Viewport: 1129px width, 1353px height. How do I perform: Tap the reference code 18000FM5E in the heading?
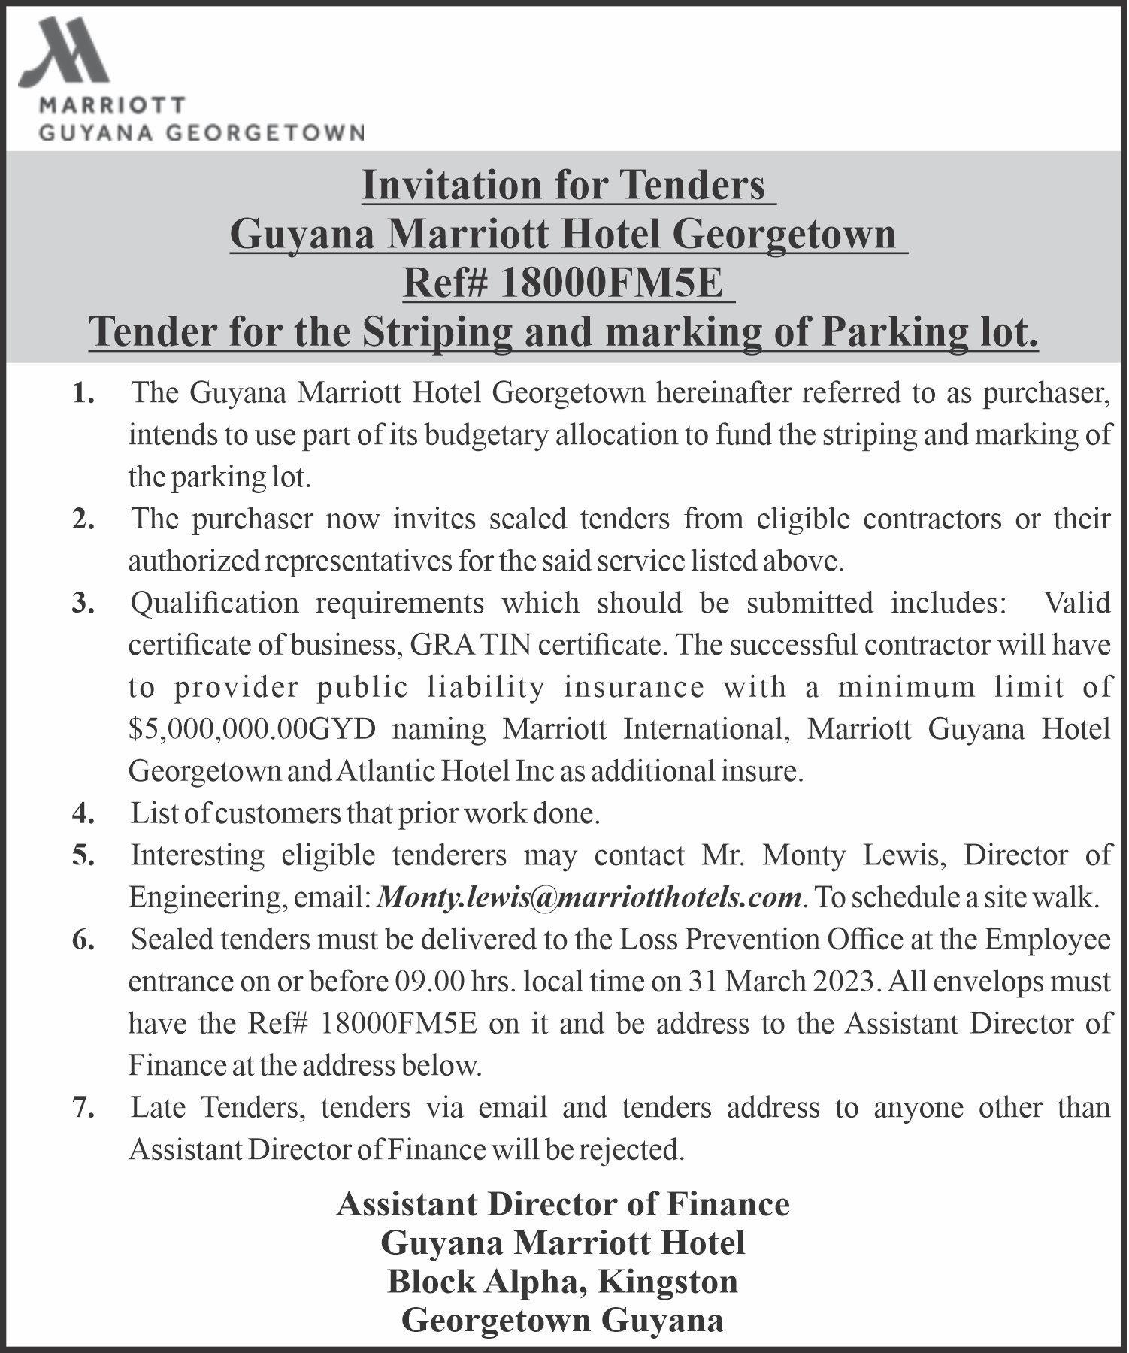click(x=610, y=284)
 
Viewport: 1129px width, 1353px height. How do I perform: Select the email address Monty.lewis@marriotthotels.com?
click(x=589, y=897)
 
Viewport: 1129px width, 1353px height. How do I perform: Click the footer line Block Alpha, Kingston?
click(x=562, y=1282)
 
